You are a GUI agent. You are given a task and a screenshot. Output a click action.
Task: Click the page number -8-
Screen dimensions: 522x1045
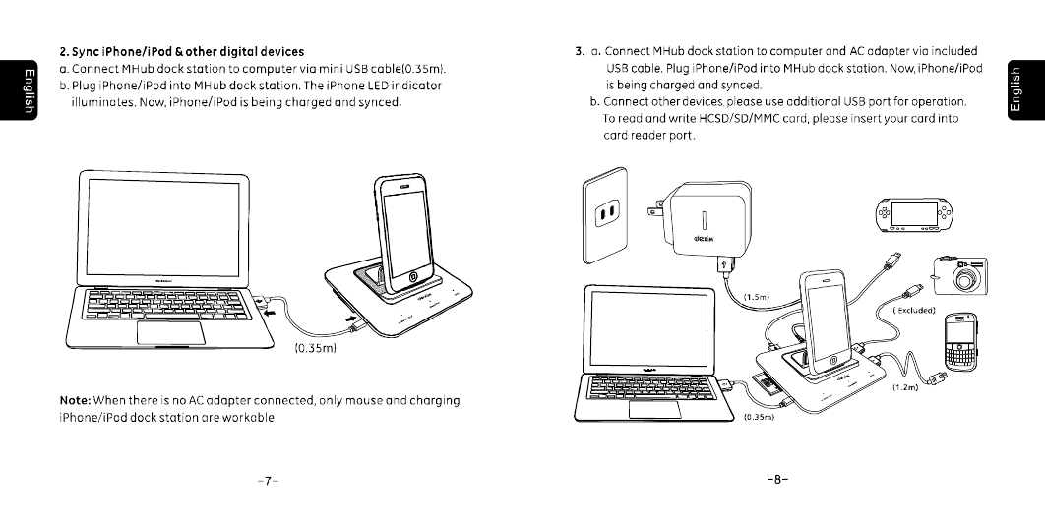[776, 481]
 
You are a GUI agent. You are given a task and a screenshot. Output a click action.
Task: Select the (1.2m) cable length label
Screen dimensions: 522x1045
[904, 388]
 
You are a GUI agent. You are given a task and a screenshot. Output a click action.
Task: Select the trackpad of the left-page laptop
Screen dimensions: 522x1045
[170, 331]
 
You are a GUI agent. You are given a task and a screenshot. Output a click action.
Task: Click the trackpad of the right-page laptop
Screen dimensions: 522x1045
[654, 410]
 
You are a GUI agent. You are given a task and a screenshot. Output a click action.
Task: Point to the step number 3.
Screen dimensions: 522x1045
[580, 51]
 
